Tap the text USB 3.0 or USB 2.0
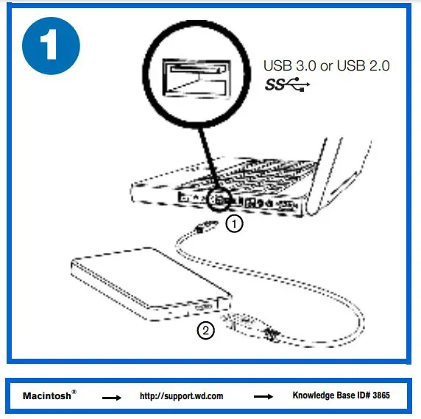tap(327, 65)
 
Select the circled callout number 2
tap(206, 330)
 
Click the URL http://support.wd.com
tap(181, 396)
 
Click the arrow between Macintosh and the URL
tap(111, 397)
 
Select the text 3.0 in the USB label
tap(304, 65)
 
